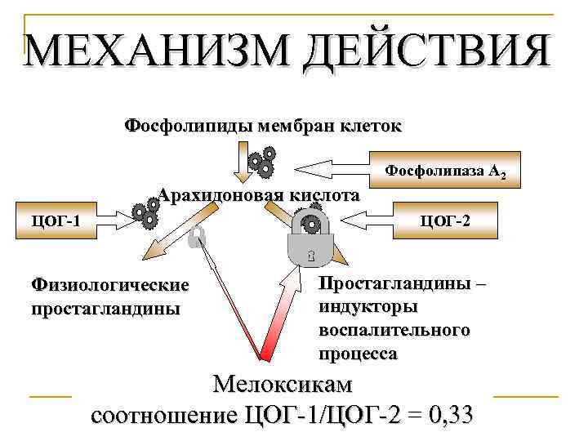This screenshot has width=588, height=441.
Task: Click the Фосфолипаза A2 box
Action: tap(445, 171)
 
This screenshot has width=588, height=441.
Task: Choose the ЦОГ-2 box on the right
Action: tap(445, 220)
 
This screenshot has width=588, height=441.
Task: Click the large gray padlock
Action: tap(311, 245)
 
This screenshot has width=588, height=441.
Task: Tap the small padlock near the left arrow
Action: tap(197, 238)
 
